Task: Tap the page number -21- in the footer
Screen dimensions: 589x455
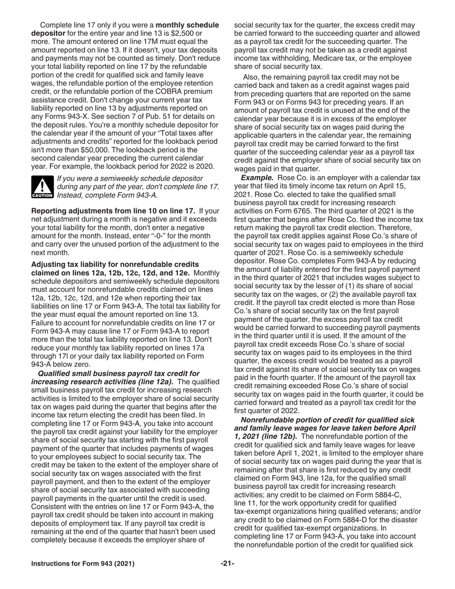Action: [x=227, y=564]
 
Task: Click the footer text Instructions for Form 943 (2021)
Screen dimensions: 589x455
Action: [x=82, y=564]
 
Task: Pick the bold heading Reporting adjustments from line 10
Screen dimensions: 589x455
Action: [x=113, y=211]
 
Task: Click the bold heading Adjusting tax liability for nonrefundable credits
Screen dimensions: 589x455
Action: [x=115, y=264]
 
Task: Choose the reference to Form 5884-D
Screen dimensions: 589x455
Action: [x=341, y=520]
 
